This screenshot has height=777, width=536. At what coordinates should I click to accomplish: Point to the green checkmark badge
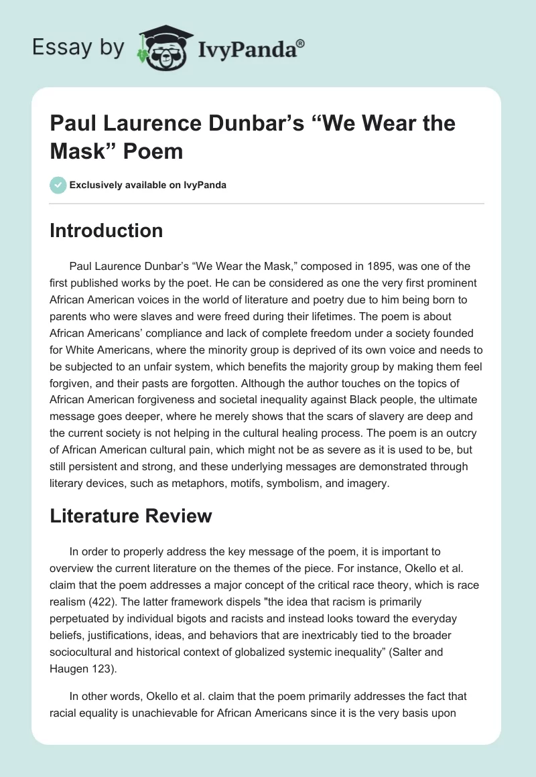coord(58,185)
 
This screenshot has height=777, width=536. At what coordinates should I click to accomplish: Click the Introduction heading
coord(106,231)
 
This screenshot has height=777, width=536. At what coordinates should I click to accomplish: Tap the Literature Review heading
coord(131,516)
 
